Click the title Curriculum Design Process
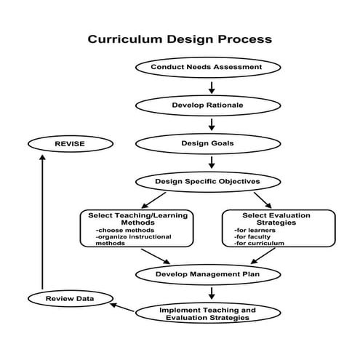[x=180, y=39]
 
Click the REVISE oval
[x=70, y=143]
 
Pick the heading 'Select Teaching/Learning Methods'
[x=138, y=219]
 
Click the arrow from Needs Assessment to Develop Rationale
[x=212, y=87]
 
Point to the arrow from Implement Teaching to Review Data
[x=121, y=307]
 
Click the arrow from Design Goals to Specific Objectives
[x=212, y=161]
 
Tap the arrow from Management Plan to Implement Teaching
[x=212, y=293]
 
